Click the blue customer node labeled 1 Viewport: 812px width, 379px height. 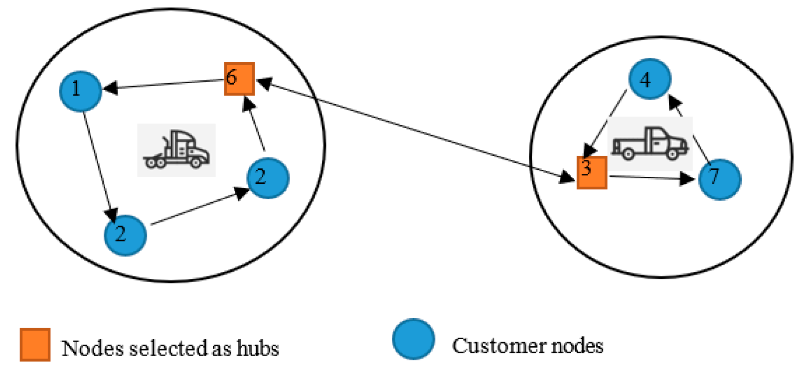pyautogui.click(x=80, y=91)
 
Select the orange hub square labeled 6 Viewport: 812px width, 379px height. pyautogui.click(x=239, y=79)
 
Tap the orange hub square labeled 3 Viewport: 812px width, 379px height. pyautogui.click(x=592, y=172)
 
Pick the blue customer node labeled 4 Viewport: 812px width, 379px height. pyautogui.click(x=649, y=79)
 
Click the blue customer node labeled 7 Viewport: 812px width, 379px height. pyautogui.click(x=719, y=179)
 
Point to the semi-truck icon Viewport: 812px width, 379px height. pyautogui.click(x=176, y=150)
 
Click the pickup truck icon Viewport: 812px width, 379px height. pyautogui.click(x=650, y=143)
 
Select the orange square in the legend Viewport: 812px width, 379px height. pyautogui.click(x=35, y=344)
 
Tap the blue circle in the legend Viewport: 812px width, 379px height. pyautogui.click(x=413, y=339)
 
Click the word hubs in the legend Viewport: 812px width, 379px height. pyautogui.click(x=257, y=348)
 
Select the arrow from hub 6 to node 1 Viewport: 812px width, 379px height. pyautogui.click(x=164, y=85)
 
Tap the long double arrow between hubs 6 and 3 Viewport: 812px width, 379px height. pyautogui.click(x=414, y=130)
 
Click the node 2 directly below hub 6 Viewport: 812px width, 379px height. pyautogui.click(x=268, y=178)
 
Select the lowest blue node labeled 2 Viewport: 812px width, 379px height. pyautogui.click(x=125, y=235)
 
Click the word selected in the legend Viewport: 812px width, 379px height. pyautogui.click(x=169, y=348)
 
